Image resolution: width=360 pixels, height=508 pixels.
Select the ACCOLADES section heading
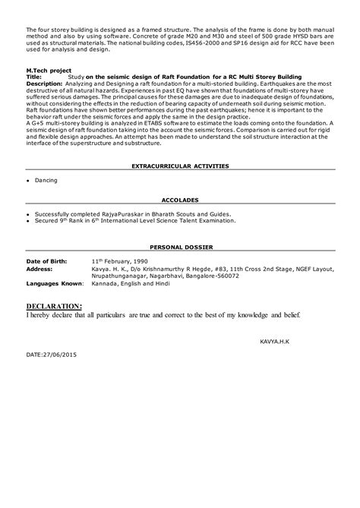(x=180, y=200)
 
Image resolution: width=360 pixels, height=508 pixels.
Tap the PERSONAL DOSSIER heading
(x=180, y=248)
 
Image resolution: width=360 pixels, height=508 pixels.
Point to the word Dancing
(x=46, y=180)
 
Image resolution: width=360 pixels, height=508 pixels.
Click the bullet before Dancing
(x=27, y=181)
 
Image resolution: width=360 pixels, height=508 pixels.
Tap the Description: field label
(x=46, y=84)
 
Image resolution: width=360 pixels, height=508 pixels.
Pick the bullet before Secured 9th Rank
(x=27, y=221)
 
